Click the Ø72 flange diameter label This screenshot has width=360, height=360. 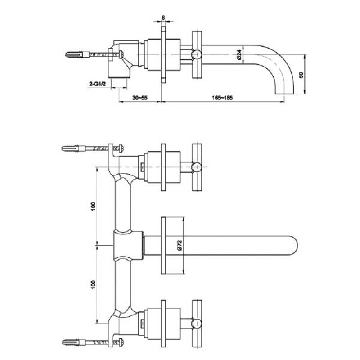click(x=179, y=245)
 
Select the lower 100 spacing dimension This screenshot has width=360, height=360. click(x=93, y=284)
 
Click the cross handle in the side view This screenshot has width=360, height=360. click(x=197, y=54)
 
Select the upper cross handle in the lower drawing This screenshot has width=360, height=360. click(x=197, y=167)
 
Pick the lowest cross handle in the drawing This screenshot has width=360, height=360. click(x=197, y=323)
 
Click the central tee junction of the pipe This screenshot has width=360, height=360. click(x=127, y=245)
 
